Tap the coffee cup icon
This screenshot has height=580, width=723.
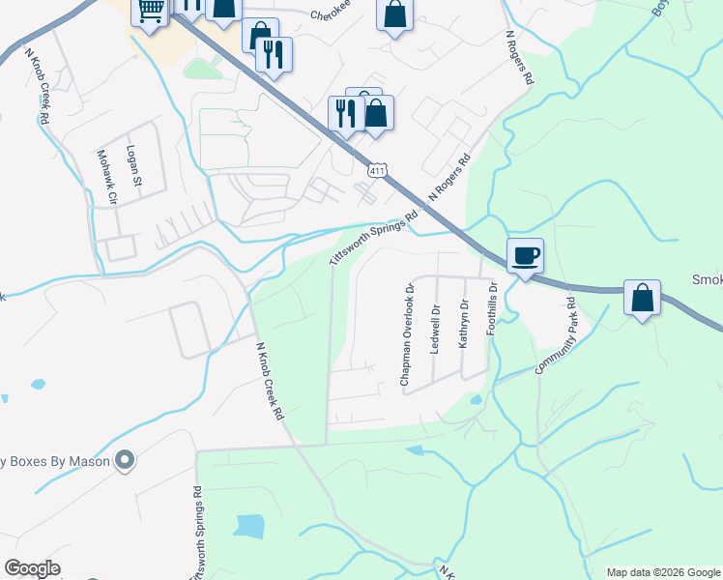pos(525,256)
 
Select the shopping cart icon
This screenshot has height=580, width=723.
pos(150,12)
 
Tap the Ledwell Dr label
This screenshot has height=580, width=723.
pos(435,331)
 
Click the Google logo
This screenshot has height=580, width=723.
pos(32,568)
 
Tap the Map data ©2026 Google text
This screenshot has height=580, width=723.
pos(662,572)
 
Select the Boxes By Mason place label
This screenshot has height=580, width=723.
pos(53,461)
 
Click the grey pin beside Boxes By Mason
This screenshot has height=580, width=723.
pos(124,460)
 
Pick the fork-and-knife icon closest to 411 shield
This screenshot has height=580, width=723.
pos(345,112)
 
